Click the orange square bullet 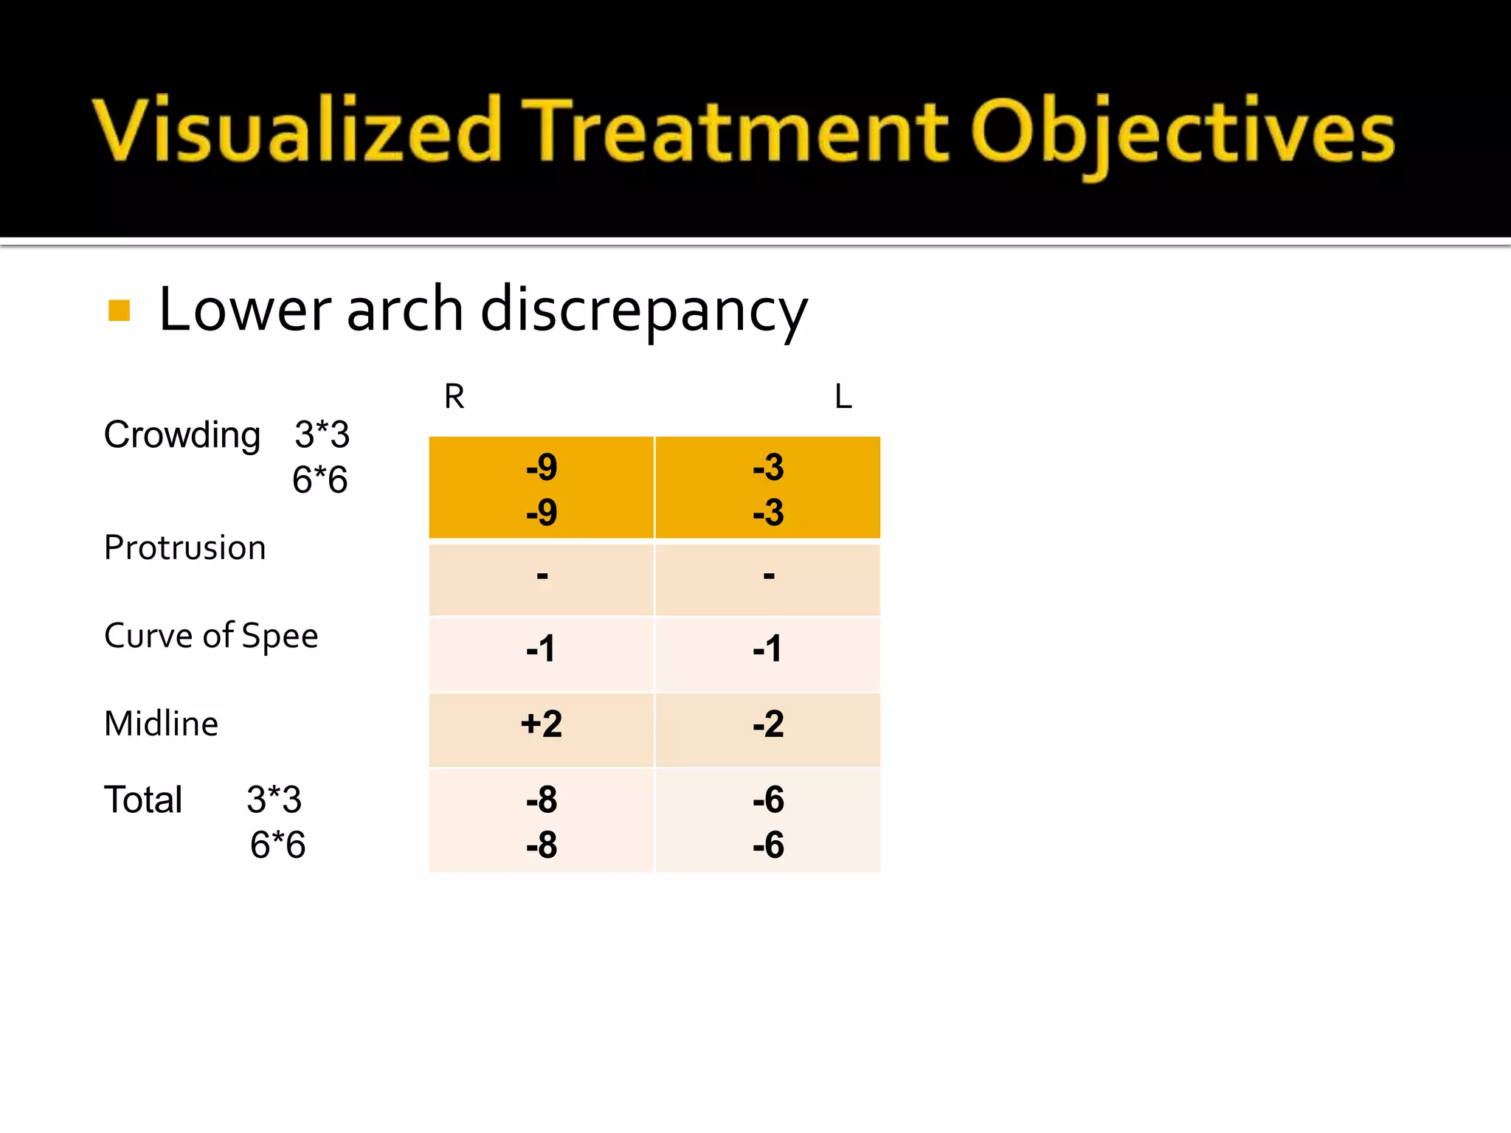[119, 311]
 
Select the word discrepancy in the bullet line [643, 311]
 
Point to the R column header [454, 397]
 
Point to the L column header [843, 397]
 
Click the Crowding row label [182, 434]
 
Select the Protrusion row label [184, 547]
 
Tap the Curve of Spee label [211, 636]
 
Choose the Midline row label [161, 724]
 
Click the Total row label [143, 800]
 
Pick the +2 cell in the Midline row [542, 724]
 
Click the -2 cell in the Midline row [768, 724]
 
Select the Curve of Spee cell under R [542, 649]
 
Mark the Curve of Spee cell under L [768, 649]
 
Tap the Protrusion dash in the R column [542, 575]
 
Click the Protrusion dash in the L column [768, 575]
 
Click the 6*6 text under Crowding [319, 480]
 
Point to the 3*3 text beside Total [274, 800]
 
